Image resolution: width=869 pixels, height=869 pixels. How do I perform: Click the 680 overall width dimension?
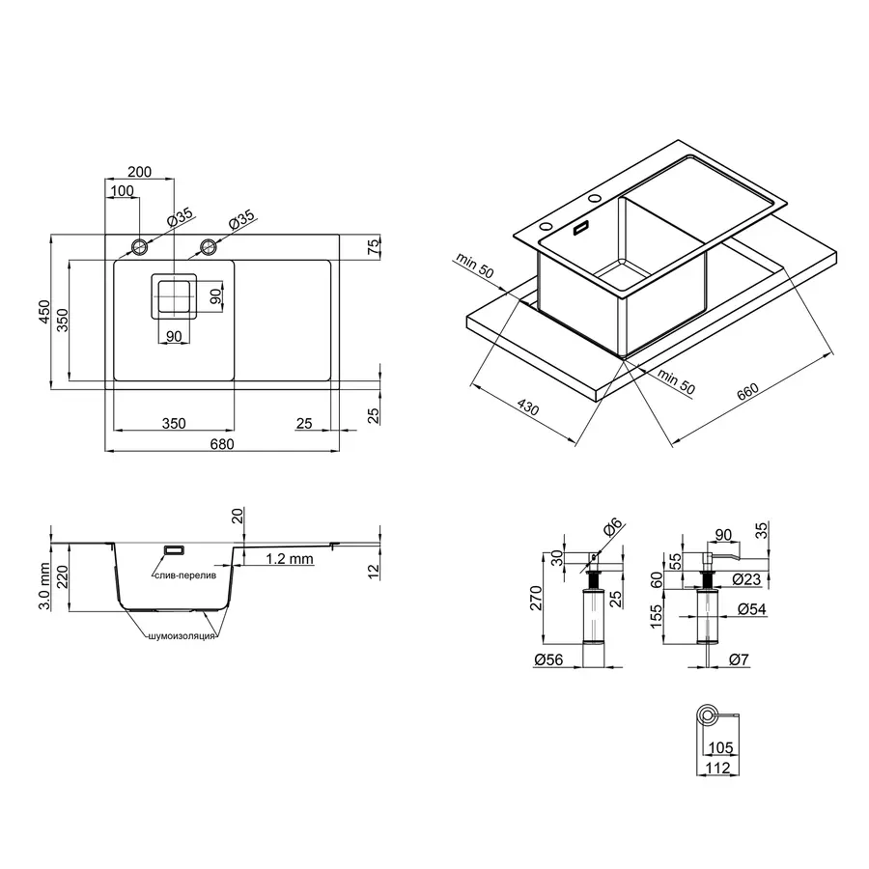click(221, 443)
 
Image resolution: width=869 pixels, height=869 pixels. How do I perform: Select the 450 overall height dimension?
click(42, 311)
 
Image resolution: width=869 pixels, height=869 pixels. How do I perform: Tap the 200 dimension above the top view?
click(139, 172)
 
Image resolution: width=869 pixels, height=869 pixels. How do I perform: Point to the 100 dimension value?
click(122, 191)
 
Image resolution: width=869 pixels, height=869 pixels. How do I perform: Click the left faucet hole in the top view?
click(140, 247)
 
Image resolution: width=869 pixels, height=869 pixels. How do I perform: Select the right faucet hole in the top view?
click(208, 247)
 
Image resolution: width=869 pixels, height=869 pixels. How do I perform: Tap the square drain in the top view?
click(174, 297)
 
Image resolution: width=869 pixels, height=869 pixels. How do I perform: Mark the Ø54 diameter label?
click(751, 608)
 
